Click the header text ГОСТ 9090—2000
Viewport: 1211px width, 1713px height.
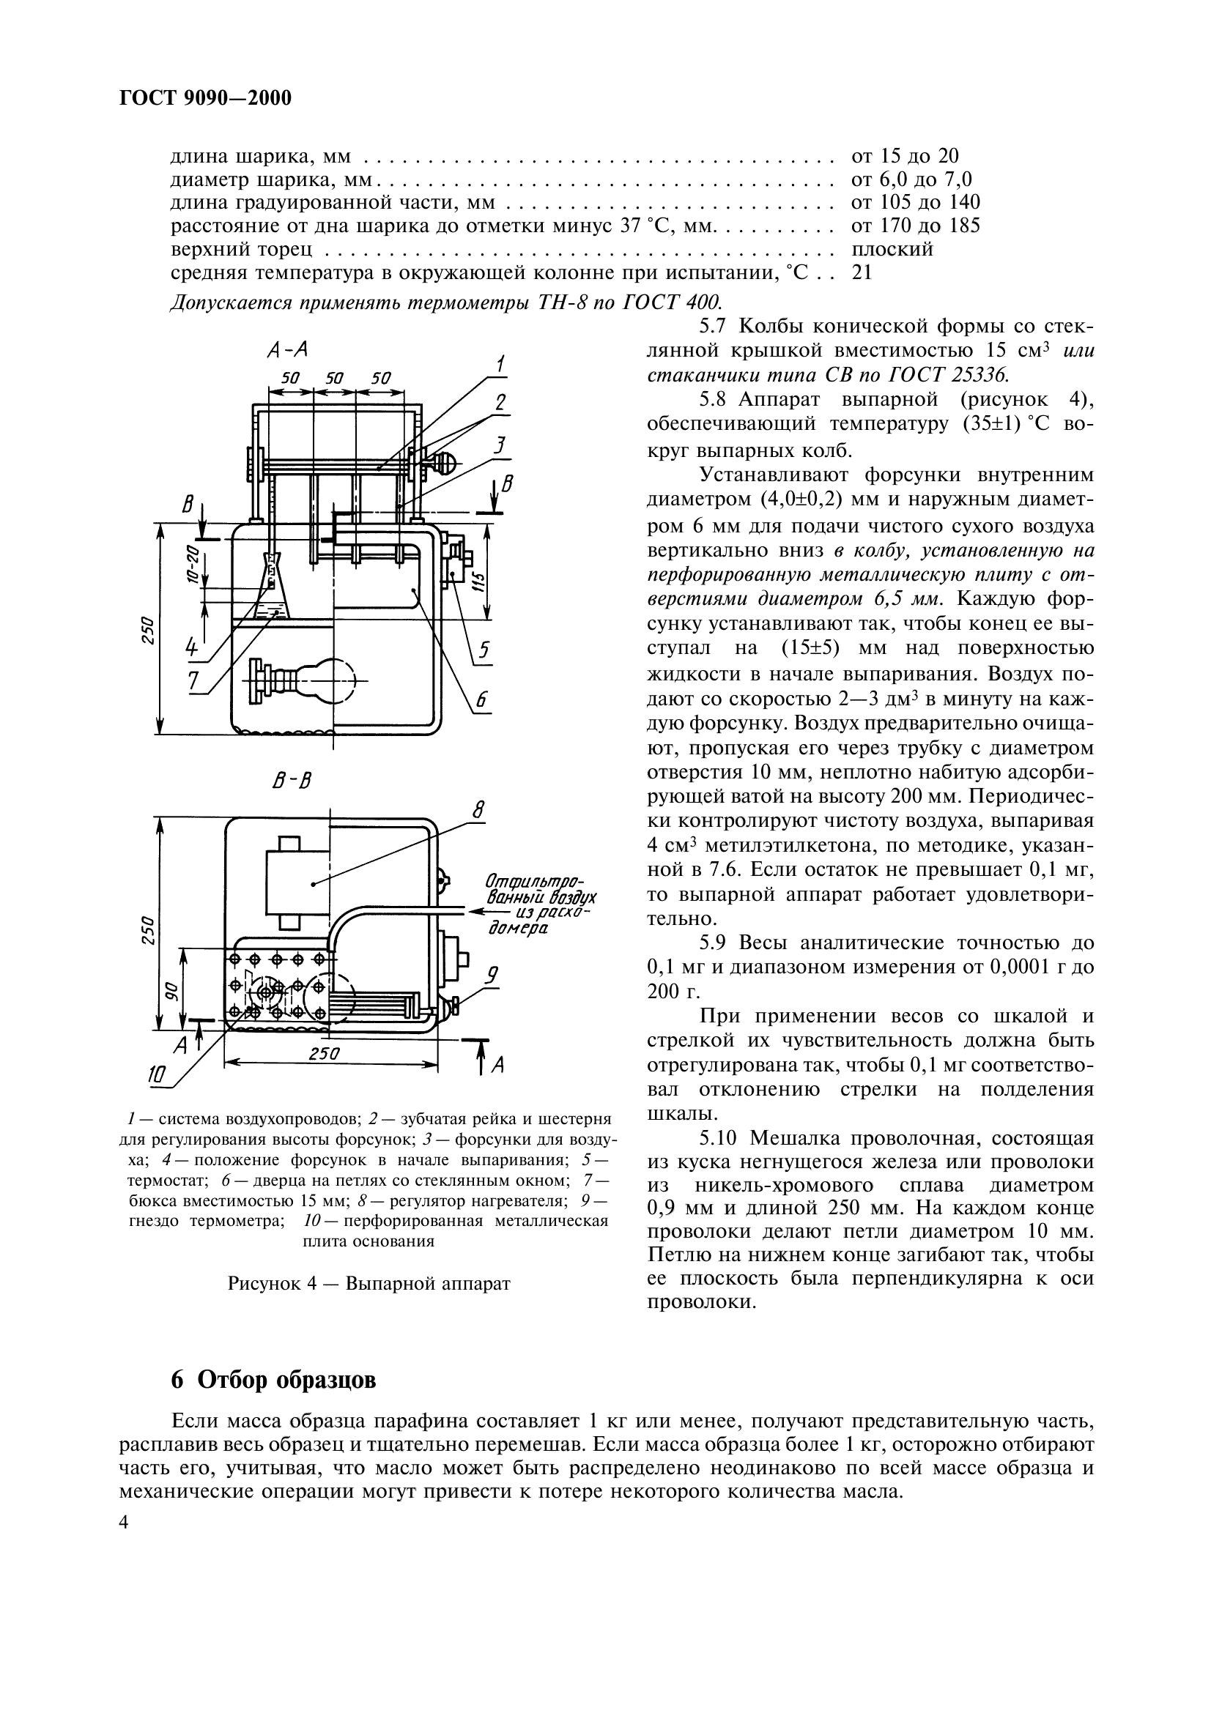click(x=205, y=98)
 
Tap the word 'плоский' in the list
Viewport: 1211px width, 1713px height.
click(x=892, y=249)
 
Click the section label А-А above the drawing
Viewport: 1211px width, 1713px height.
click(x=286, y=351)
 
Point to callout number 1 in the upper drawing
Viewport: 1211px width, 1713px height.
click(x=500, y=365)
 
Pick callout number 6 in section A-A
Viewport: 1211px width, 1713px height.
click(x=481, y=699)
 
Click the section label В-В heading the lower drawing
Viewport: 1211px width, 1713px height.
click(x=292, y=781)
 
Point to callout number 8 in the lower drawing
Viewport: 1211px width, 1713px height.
click(x=478, y=810)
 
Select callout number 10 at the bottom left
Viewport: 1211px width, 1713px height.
click(x=157, y=1074)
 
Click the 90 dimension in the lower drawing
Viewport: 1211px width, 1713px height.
click(x=171, y=989)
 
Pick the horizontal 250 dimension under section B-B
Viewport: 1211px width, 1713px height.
click(x=324, y=1053)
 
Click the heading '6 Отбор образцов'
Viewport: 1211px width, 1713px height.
click(x=274, y=1381)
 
